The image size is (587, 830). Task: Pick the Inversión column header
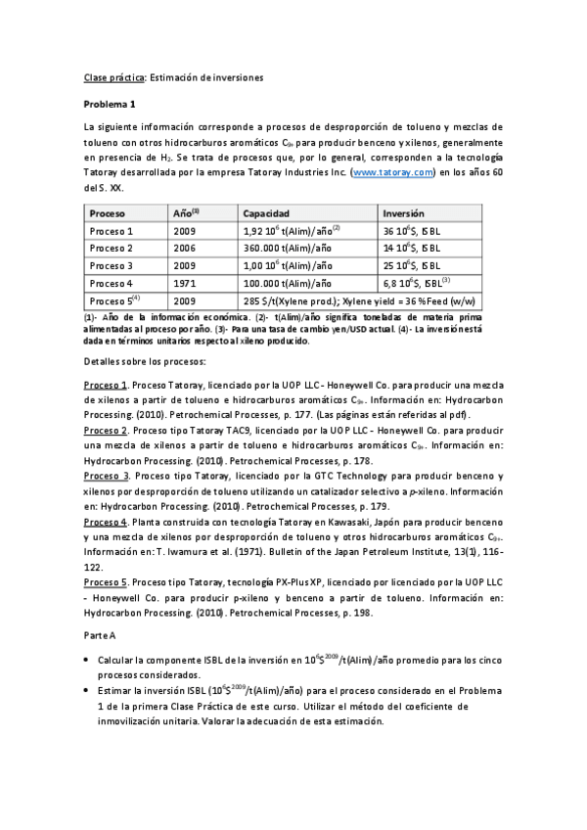[x=403, y=212]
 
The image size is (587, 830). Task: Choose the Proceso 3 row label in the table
[x=111, y=265]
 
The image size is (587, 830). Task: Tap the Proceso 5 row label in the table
[x=113, y=300]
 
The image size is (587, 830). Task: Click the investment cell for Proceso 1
[x=414, y=230]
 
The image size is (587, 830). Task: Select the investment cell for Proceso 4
[x=415, y=283]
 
